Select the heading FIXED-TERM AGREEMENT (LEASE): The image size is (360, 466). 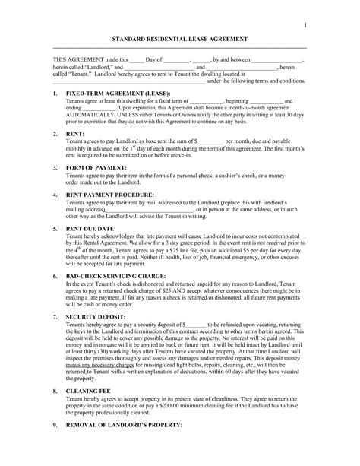tap(115, 94)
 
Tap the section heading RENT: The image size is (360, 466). tap(75, 134)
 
